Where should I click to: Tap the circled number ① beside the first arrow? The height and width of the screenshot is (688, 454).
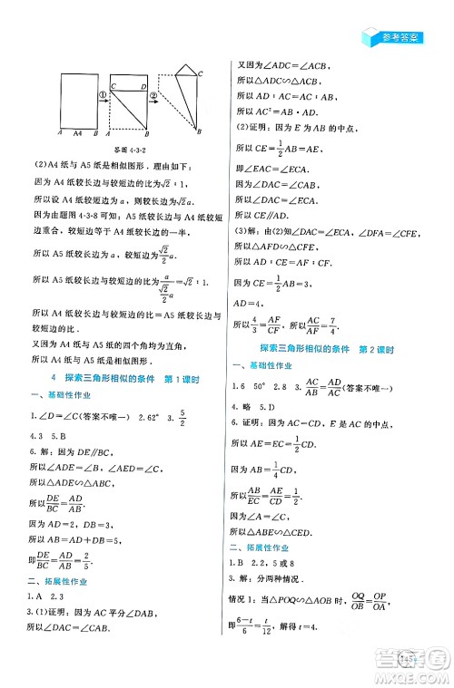pos(103,92)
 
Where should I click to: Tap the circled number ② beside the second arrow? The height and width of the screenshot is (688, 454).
pos(153,92)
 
